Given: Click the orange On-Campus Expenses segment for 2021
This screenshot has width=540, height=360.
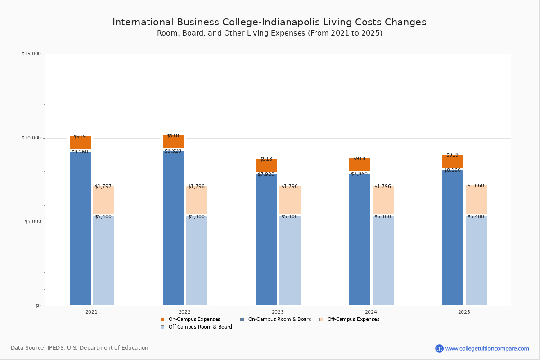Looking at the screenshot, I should click(x=80, y=143).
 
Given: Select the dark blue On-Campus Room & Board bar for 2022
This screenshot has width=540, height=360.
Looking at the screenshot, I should click(x=173, y=229).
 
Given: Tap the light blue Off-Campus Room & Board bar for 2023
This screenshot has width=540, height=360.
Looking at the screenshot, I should click(x=290, y=261).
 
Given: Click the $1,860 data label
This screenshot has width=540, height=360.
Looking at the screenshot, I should click(x=476, y=185).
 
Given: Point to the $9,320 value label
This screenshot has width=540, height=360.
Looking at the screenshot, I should click(x=173, y=151).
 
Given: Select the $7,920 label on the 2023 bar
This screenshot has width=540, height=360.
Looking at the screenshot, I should click(x=266, y=174).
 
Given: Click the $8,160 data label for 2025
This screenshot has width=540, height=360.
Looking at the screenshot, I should click(x=452, y=171).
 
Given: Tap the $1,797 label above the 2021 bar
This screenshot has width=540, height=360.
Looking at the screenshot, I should click(x=103, y=186).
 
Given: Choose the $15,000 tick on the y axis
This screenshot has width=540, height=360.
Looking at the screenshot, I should click(x=31, y=54).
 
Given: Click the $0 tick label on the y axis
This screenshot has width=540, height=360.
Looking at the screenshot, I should click(x=38, y=306).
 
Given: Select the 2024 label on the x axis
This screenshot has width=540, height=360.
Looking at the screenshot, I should click(x=371, y=312).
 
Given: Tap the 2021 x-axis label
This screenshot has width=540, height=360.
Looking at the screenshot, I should click(x=91, y=312).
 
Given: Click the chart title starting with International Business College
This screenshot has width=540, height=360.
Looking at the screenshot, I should click(x=269, y=22).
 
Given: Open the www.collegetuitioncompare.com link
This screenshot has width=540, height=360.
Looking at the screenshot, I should click(x=487, y=348).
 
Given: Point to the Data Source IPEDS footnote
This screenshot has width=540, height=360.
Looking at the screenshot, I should click(x=80, y=348).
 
